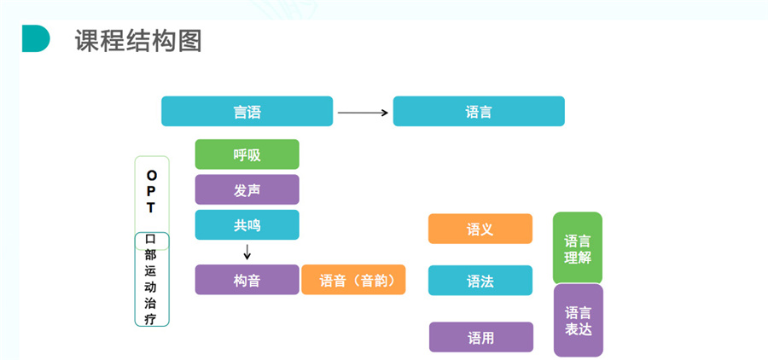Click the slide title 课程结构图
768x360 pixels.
138,40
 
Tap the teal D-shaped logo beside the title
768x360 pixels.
35,38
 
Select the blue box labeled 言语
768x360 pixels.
247,111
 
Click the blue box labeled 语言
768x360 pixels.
478,111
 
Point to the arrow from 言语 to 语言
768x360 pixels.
363,112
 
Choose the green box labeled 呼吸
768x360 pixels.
247,154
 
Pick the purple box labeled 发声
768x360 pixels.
247,189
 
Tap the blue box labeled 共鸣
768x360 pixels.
247,225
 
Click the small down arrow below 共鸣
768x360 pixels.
247,252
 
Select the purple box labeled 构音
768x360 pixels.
247,280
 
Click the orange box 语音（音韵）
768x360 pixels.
353,280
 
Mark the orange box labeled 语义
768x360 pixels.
480,229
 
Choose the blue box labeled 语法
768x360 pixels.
480,281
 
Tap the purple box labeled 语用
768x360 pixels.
480,337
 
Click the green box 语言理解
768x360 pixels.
578,248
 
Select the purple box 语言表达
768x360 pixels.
578,320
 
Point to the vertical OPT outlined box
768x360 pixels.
152,193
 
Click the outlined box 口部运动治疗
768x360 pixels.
152,279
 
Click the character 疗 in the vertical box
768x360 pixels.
151,318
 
